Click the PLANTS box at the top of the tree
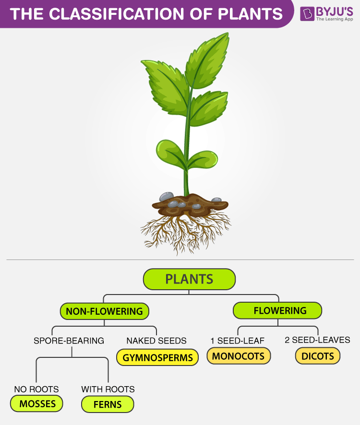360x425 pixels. [189, 279]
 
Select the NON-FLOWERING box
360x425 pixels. [104, 311]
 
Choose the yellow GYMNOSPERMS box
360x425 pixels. [157, 357]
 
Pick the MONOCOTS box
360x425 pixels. [239, 356]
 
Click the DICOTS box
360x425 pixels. [317, 356]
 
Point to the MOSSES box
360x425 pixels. [37, 404]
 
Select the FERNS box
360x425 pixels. [108, 404]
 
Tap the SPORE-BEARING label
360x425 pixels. [69, 341]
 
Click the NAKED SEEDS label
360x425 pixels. [156, 341]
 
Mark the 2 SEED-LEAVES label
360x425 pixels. [317, 340]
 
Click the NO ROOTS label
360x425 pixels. [36, 389]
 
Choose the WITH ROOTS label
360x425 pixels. [108, 389]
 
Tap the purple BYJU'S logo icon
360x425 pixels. [307, 13]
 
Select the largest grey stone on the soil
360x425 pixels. [167, 197]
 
